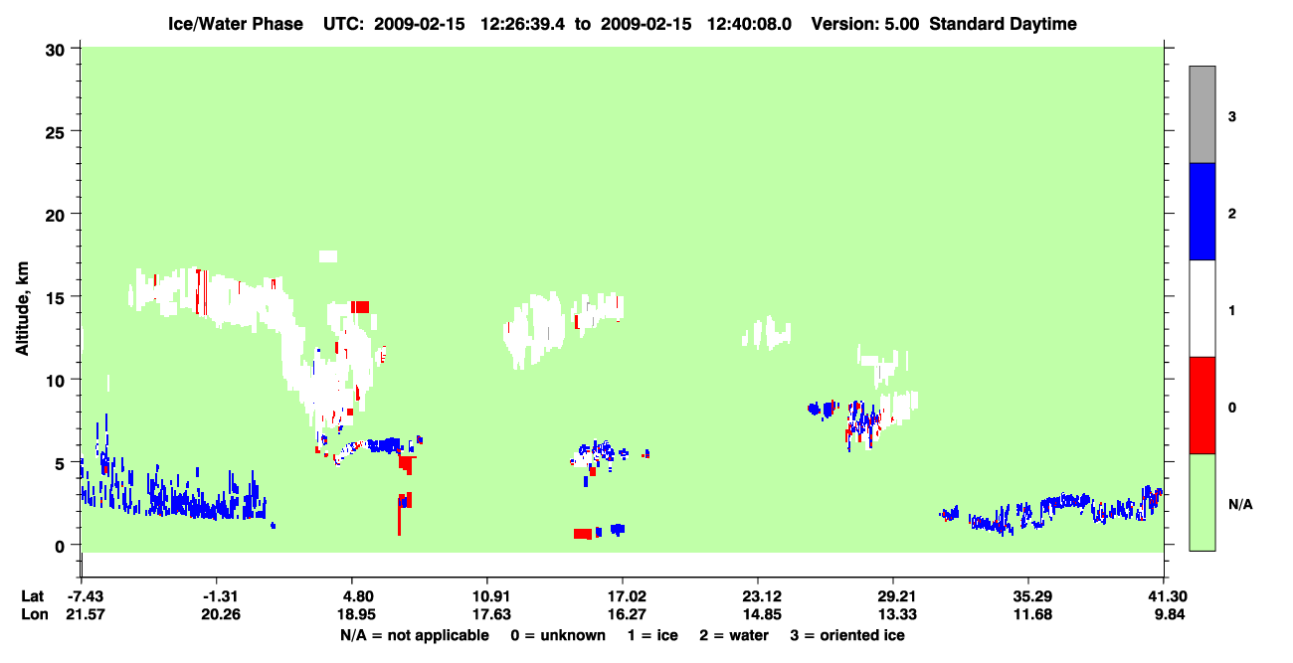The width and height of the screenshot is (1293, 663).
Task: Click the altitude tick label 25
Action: click(x=55, y=133)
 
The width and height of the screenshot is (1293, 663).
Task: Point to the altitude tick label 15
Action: click(x=55, y=298)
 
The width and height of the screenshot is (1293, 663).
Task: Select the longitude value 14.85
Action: click(x=762, y=614)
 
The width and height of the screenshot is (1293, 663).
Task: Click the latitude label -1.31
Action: click(x=220, y=596)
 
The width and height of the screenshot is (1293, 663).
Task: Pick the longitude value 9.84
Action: click(x=1170, y=614)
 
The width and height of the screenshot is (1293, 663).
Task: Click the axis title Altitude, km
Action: click(x=22, y=308)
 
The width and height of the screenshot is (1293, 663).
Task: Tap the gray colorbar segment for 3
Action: click(x=1201, y=114)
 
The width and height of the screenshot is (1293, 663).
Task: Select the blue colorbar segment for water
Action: click(x=1201, y=211)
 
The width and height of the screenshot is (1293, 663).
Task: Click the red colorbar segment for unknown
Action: click(x=1201, y=406)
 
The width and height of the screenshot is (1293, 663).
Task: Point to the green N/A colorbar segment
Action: click(x=1201, y=502)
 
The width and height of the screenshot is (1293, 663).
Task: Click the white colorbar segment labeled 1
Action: click(x=1201, y=308)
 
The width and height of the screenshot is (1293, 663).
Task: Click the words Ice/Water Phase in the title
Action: click(x=236, y=24)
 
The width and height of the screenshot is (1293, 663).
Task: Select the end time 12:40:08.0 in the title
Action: click(x=749, y=24)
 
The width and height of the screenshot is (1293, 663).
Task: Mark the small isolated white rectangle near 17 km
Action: click(x=328, y=256)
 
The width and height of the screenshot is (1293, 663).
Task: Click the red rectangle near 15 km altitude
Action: click(x=360, y=307)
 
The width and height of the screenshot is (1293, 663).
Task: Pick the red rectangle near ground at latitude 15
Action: click(x=583, y=534)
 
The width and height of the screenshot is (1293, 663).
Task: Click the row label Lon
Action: click(x=35, y=614)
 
